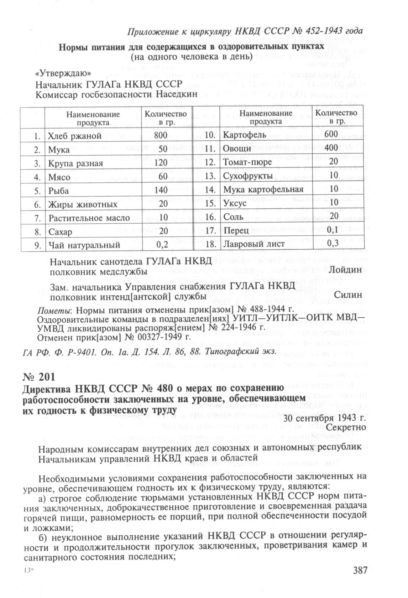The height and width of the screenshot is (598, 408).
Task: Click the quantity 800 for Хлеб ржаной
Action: click(161, 135)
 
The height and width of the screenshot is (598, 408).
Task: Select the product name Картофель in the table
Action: click(244, 135)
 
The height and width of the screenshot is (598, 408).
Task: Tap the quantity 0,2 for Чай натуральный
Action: click(162, 245)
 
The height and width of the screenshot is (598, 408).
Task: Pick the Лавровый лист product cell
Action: click(253, 244)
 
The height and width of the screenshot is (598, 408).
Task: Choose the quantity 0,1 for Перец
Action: click(333, 230)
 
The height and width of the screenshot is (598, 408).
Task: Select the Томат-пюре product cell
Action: click(247, 162)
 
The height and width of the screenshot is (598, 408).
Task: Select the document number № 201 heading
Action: click(39, 376)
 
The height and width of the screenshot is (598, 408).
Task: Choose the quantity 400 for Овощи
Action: click(331, 149)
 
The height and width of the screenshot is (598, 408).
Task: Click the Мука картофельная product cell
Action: click(263, 189)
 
